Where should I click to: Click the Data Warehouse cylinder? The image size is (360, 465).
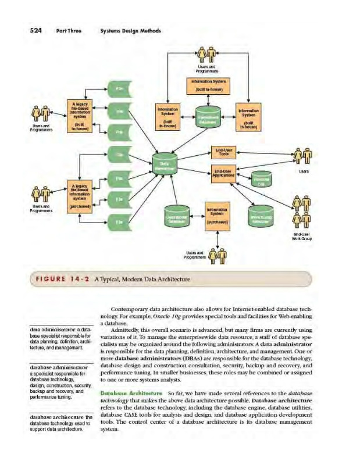pyautogui.click(x=165, y=167)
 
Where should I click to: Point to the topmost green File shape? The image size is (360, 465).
pyautogui.click(x=119, y=88)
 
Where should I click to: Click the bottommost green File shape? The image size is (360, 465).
pyautogui.click(x=119, y=221)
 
